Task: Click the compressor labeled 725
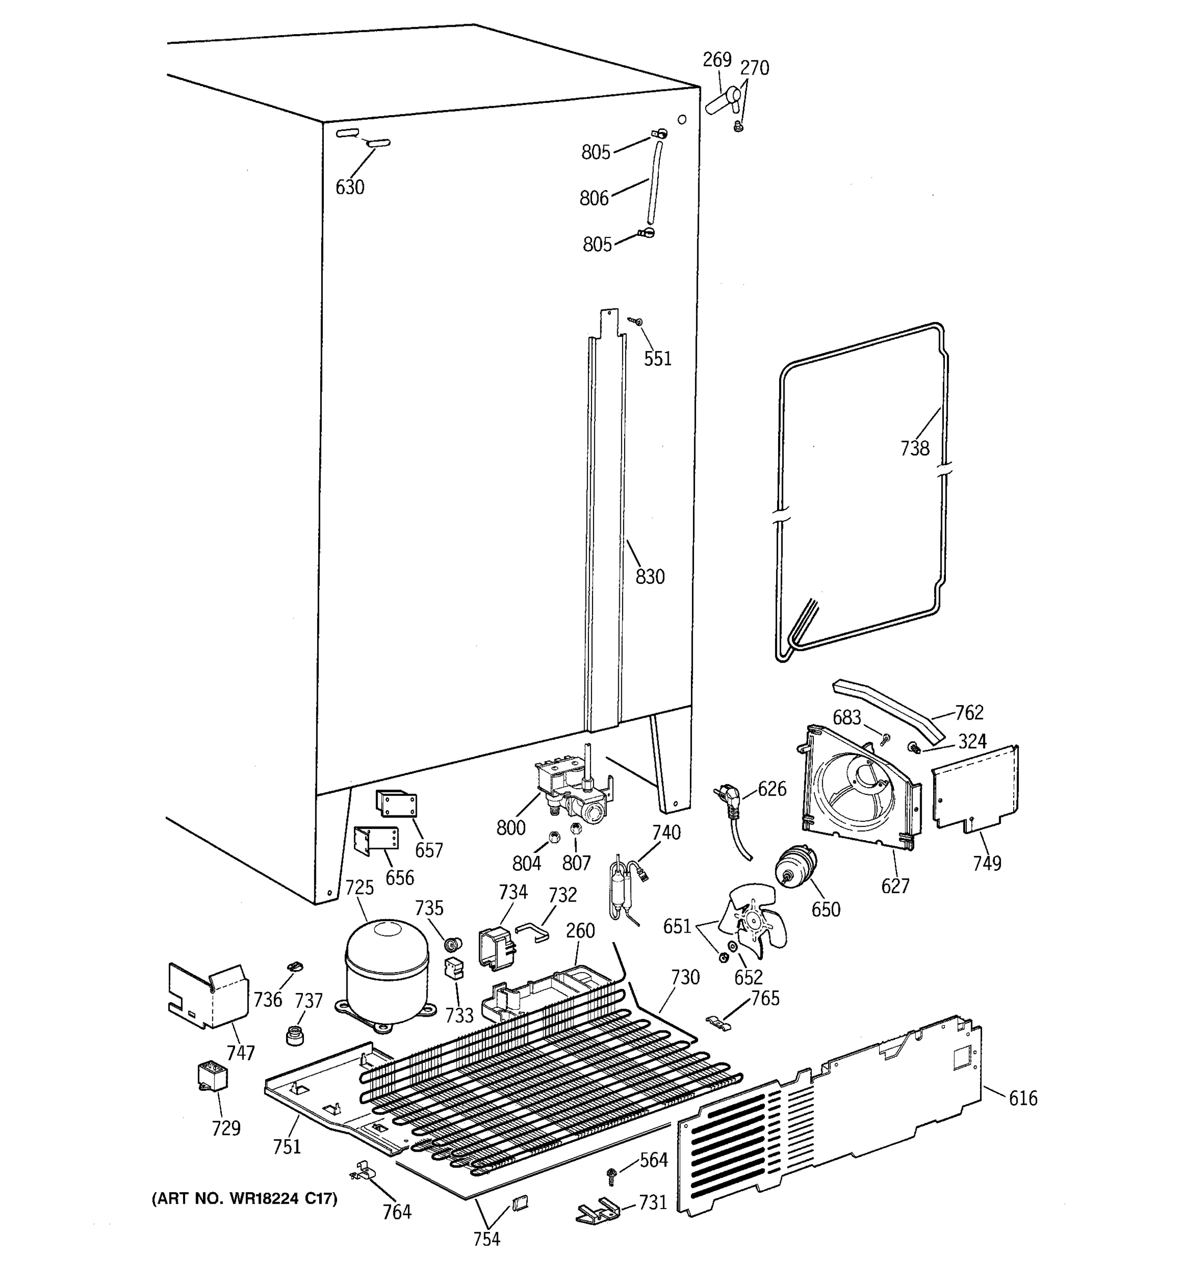[386, 970]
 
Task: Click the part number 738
[914, 449]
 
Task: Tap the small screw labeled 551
[635, 322]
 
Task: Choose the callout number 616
[1023, 1098]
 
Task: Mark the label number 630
[350, 187]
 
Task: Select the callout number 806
[594, 199]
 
